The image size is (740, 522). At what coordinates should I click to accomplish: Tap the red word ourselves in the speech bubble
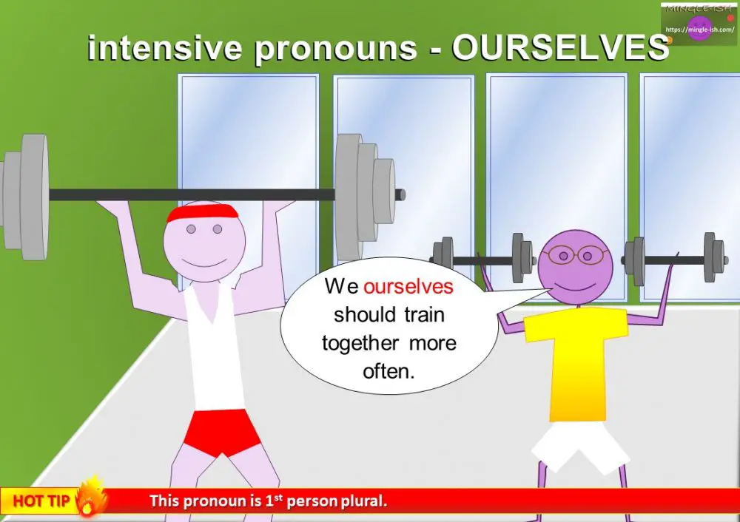[408, 287]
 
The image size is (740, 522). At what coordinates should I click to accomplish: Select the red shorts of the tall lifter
[221, 432]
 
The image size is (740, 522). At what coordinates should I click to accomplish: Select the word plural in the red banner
[362, 501]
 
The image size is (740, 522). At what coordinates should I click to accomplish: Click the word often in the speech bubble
[388, 371]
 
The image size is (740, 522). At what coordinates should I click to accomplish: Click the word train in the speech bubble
[424, 315]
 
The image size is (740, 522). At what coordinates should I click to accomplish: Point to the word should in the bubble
[365, 315]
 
